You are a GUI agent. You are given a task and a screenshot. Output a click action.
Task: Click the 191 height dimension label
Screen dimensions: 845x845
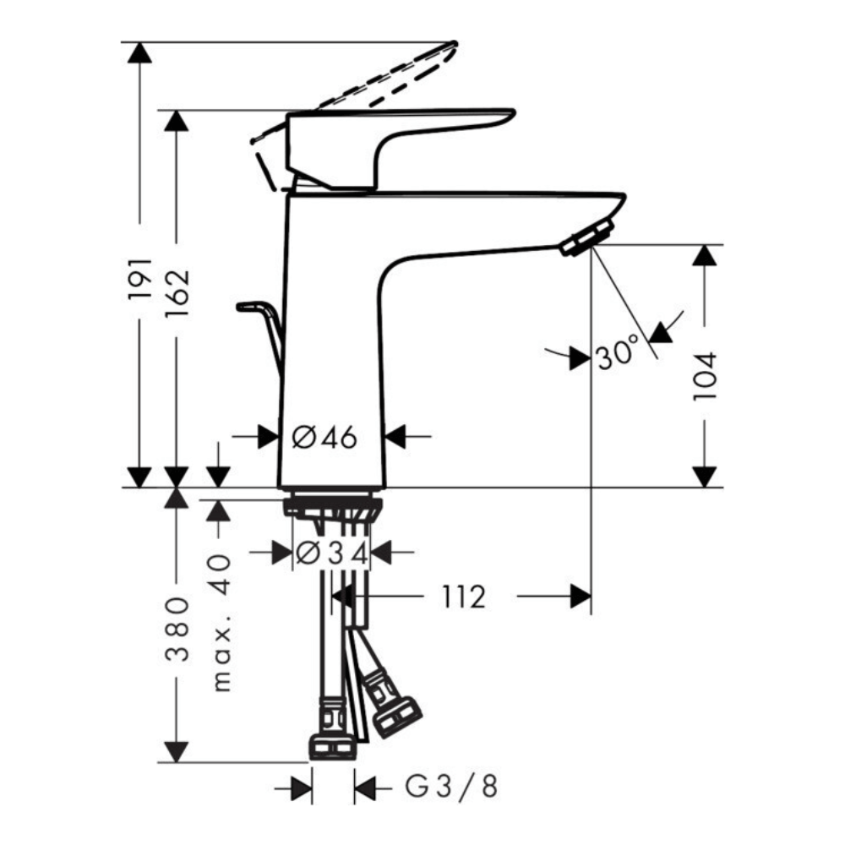click(x=140, y=278)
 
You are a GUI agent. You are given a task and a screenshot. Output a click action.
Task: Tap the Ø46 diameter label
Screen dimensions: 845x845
click(x=325, y=437)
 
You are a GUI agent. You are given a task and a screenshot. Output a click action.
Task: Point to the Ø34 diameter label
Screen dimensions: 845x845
click(x=331, y=553)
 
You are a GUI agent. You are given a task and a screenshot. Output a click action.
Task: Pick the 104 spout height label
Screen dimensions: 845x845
click(x=705, y=376)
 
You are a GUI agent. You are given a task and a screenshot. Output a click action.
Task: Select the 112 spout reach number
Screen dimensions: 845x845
click(x=462, y=597)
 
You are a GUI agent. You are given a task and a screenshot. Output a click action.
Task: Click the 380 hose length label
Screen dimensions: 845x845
click(x=176, y=630)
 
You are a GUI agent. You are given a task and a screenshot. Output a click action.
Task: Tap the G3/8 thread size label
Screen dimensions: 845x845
click(x=451, y=788)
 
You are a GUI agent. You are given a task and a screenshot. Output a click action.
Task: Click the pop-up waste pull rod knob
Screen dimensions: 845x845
click(x=251, y=306)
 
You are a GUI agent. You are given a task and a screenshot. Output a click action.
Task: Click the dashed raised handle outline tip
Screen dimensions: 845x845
click(x=451, y=46)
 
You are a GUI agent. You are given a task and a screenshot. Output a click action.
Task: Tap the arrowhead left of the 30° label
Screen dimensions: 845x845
click(x=579, y=358)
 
